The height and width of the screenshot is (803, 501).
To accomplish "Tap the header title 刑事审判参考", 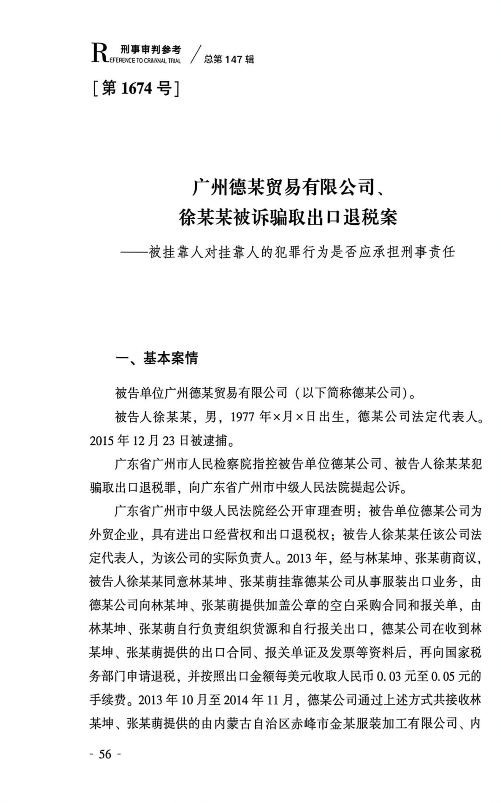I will click(x=150, y=50).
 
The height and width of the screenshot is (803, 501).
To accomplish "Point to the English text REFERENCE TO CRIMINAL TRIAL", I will click(x=144, y=60).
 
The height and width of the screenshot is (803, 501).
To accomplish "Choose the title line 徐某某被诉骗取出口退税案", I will click(x=288, y=217).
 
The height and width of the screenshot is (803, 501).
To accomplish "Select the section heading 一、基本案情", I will click(x=156, y=358).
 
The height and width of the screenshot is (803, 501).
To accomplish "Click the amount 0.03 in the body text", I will click(x=388, y=677).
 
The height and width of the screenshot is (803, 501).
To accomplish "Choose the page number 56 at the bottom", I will click(x=105, y=754).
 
